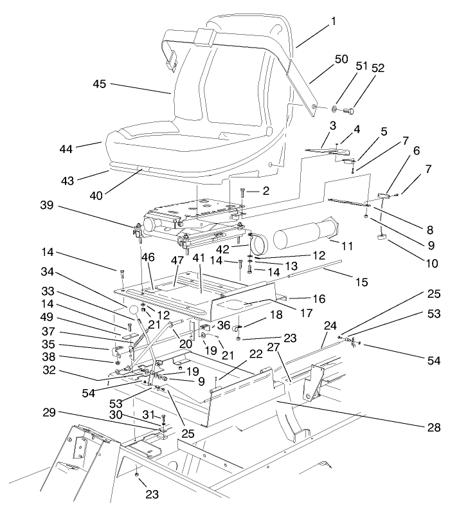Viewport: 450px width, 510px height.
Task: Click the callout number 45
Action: [100, 84]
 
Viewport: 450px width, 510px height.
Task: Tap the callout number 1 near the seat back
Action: [334, 21]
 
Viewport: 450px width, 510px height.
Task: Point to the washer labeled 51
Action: [336, 109]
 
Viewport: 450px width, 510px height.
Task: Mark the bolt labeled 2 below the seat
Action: [242, 191]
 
